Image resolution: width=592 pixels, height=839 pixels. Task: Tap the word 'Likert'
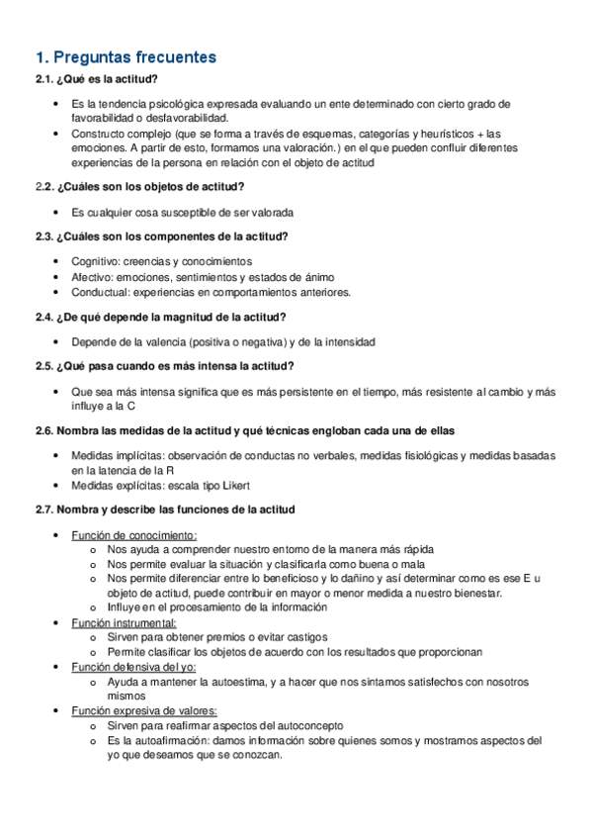coord(233,486)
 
